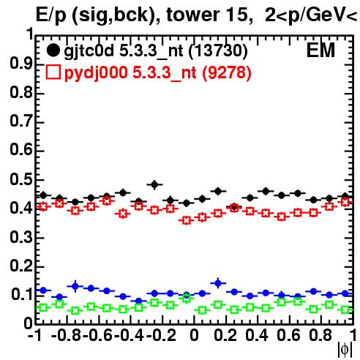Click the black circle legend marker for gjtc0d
pos(53,50)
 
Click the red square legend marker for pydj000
pos(53,72)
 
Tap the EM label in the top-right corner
pos(320,50)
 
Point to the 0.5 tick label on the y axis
pos(21,179)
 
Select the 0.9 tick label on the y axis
pos(21,64)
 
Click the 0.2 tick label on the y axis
pos(21,266)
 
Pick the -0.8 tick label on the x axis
pos(66,335)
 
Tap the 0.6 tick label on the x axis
pos(288,335)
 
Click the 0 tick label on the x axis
pos(194,335)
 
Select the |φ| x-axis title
pos(345,350)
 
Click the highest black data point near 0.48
pos(154,184)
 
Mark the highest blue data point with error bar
pos(218,283)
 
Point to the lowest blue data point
pos(138,301)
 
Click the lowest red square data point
pos(187,221)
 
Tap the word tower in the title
pos(192,15)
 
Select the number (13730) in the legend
pos(218,51)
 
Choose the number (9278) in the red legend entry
pos(227,72)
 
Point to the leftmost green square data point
pos(43,307)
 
